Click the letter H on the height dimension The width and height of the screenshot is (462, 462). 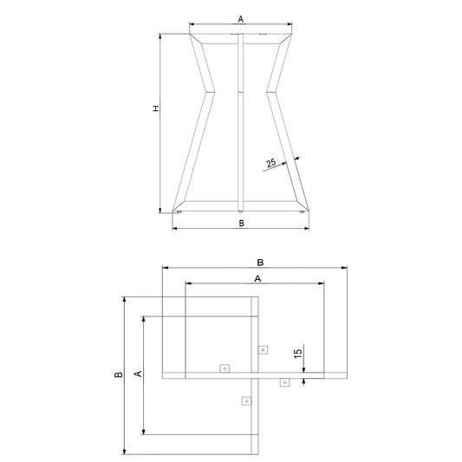(x=156, y=108)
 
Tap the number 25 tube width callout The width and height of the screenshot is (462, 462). (x=270, y=163)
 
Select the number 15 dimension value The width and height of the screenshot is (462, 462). (x=298, y=353)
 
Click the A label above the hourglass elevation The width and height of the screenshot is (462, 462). (x=241, y=19)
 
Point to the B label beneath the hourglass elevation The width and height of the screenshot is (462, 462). (x=241, y=224)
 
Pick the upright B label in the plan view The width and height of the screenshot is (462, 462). (x=260, y=263)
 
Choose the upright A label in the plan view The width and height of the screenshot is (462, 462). (x=257, y=278)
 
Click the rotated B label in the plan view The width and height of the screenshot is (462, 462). (x=119, y=374)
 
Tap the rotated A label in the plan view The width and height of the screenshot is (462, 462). (x=138, y=374)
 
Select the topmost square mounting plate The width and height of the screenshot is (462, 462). (x=264, y=349)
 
